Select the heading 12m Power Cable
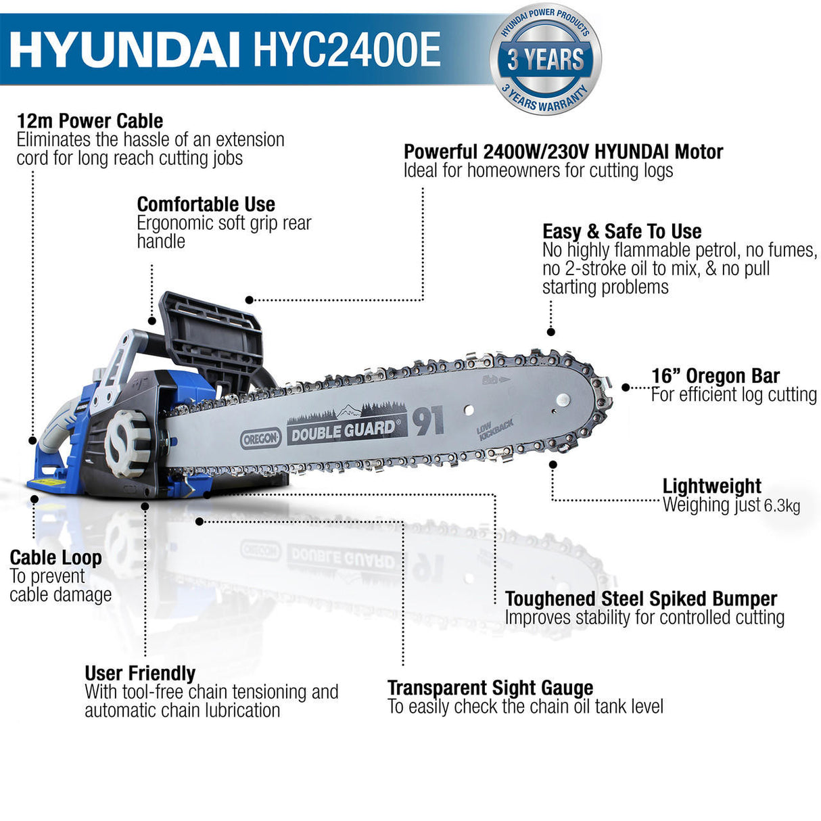90,121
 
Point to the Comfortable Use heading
206,204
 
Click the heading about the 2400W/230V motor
563,151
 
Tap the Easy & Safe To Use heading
621,231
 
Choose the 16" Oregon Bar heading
715,376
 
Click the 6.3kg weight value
782,505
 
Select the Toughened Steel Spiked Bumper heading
640,599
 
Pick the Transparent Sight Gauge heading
490,688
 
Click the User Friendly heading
140,674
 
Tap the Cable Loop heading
55,558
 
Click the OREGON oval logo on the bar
261,438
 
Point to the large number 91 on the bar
428,422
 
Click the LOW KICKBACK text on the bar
494,429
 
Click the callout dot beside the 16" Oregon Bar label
626,388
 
